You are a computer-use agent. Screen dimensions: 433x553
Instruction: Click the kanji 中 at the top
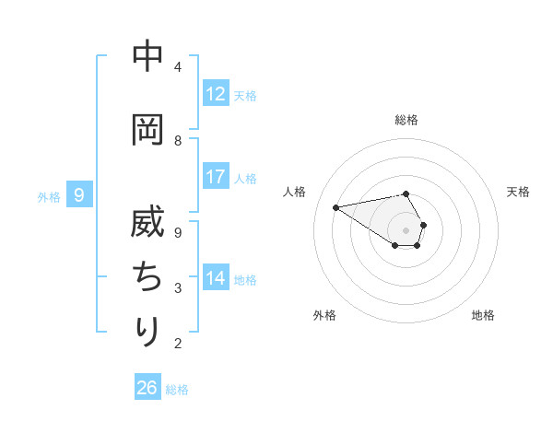(148, 56)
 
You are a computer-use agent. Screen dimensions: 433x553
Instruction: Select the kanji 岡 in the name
(148, 130)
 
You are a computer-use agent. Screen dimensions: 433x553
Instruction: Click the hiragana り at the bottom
(148, 331)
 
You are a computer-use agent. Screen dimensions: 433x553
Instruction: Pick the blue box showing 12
(216, 94)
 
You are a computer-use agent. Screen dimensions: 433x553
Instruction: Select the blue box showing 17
(216, 177)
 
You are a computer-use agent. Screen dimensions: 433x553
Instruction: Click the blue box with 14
(216, 278)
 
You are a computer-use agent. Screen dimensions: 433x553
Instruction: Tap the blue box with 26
(147, 388)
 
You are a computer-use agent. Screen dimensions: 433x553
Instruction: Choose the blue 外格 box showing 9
(80, 195)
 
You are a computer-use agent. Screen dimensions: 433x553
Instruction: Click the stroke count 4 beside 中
(177, 67)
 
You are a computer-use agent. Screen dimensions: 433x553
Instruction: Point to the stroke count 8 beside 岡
(177, 141)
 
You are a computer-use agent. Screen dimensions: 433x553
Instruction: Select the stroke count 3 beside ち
(177, 288)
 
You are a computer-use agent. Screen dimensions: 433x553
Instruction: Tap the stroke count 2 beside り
(177, 344)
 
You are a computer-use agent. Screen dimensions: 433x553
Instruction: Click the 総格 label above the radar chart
(406, 120)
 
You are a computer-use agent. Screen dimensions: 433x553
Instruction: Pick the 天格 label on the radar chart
(519, 192)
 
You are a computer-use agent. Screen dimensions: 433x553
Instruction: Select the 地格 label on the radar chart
(483, 315)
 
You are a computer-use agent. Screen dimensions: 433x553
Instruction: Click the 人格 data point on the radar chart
(335, 206)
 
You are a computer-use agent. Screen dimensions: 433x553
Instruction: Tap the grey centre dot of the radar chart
(406, 229)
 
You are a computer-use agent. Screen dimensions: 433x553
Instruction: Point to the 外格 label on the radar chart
(324, 315)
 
